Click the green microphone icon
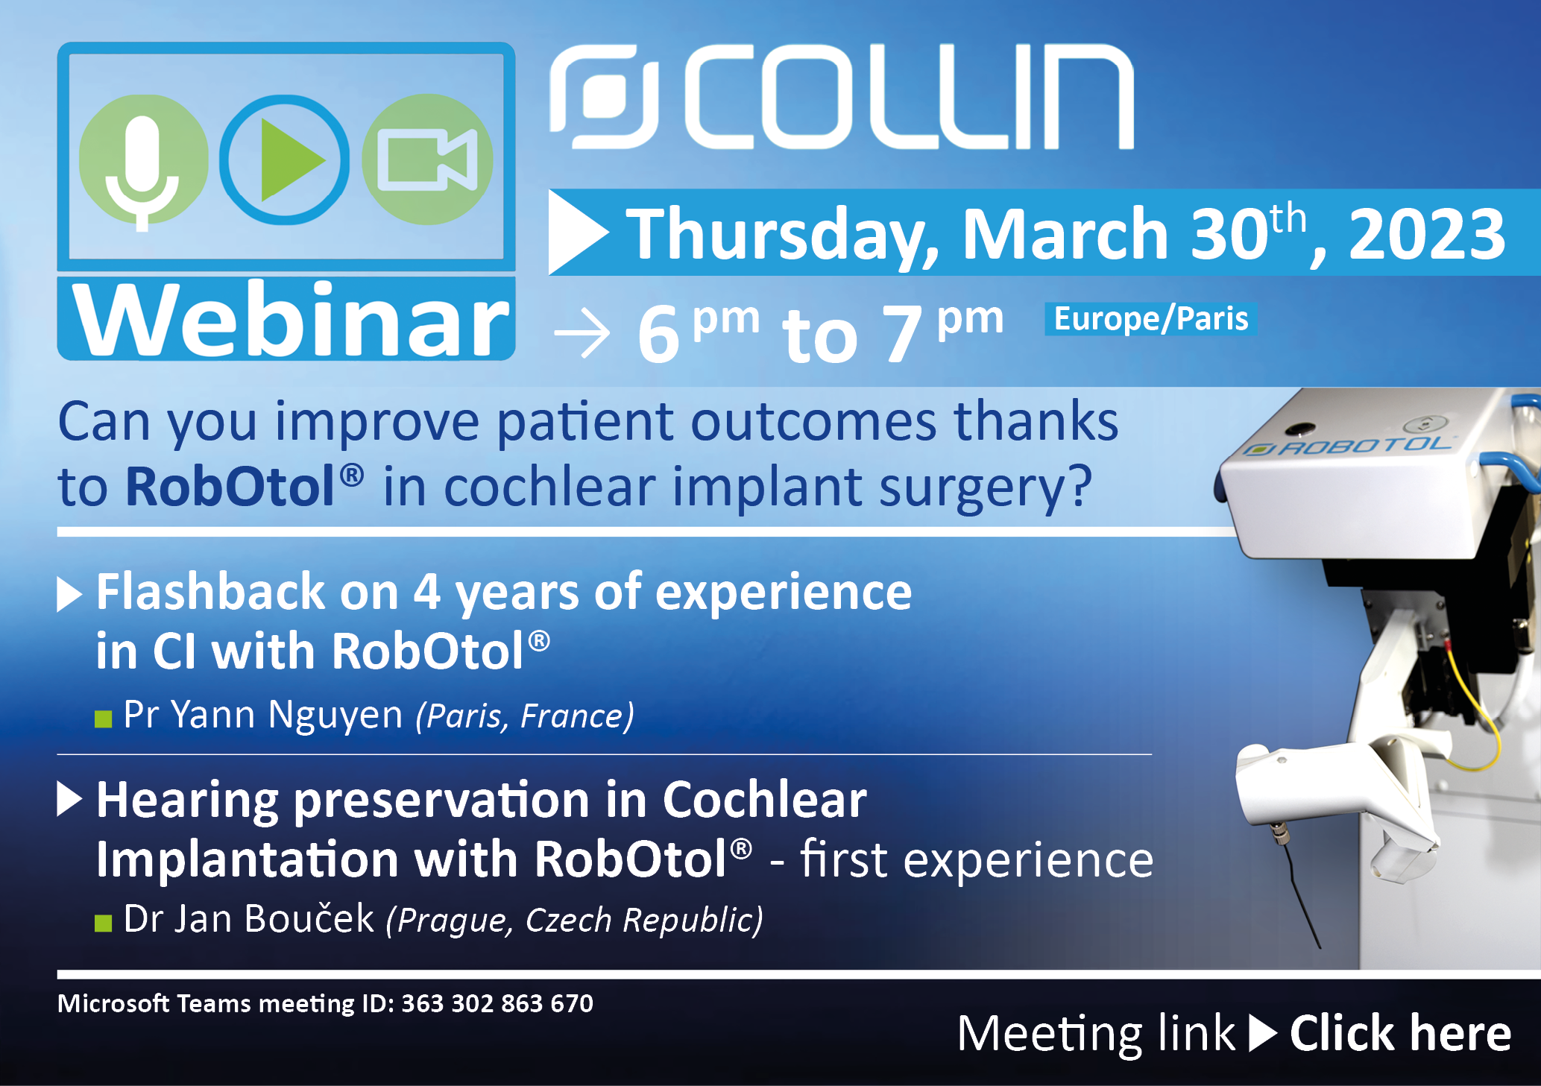[142, 160]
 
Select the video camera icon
[427, 160]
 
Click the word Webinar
[292, 321]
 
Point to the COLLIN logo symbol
[605, 96]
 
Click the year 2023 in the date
[1427, 235]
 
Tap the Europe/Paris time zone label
[1150, 319]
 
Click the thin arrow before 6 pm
[582, 333]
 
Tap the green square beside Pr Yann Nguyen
[104, 719]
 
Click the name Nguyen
[335, 715]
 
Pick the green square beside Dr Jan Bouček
[104, 924]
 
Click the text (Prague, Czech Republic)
[574, 920]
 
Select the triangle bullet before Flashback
[69, 594]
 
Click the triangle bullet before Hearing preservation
[69, 799]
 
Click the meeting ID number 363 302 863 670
[497, 1003]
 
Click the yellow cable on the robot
[1472, 716]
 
